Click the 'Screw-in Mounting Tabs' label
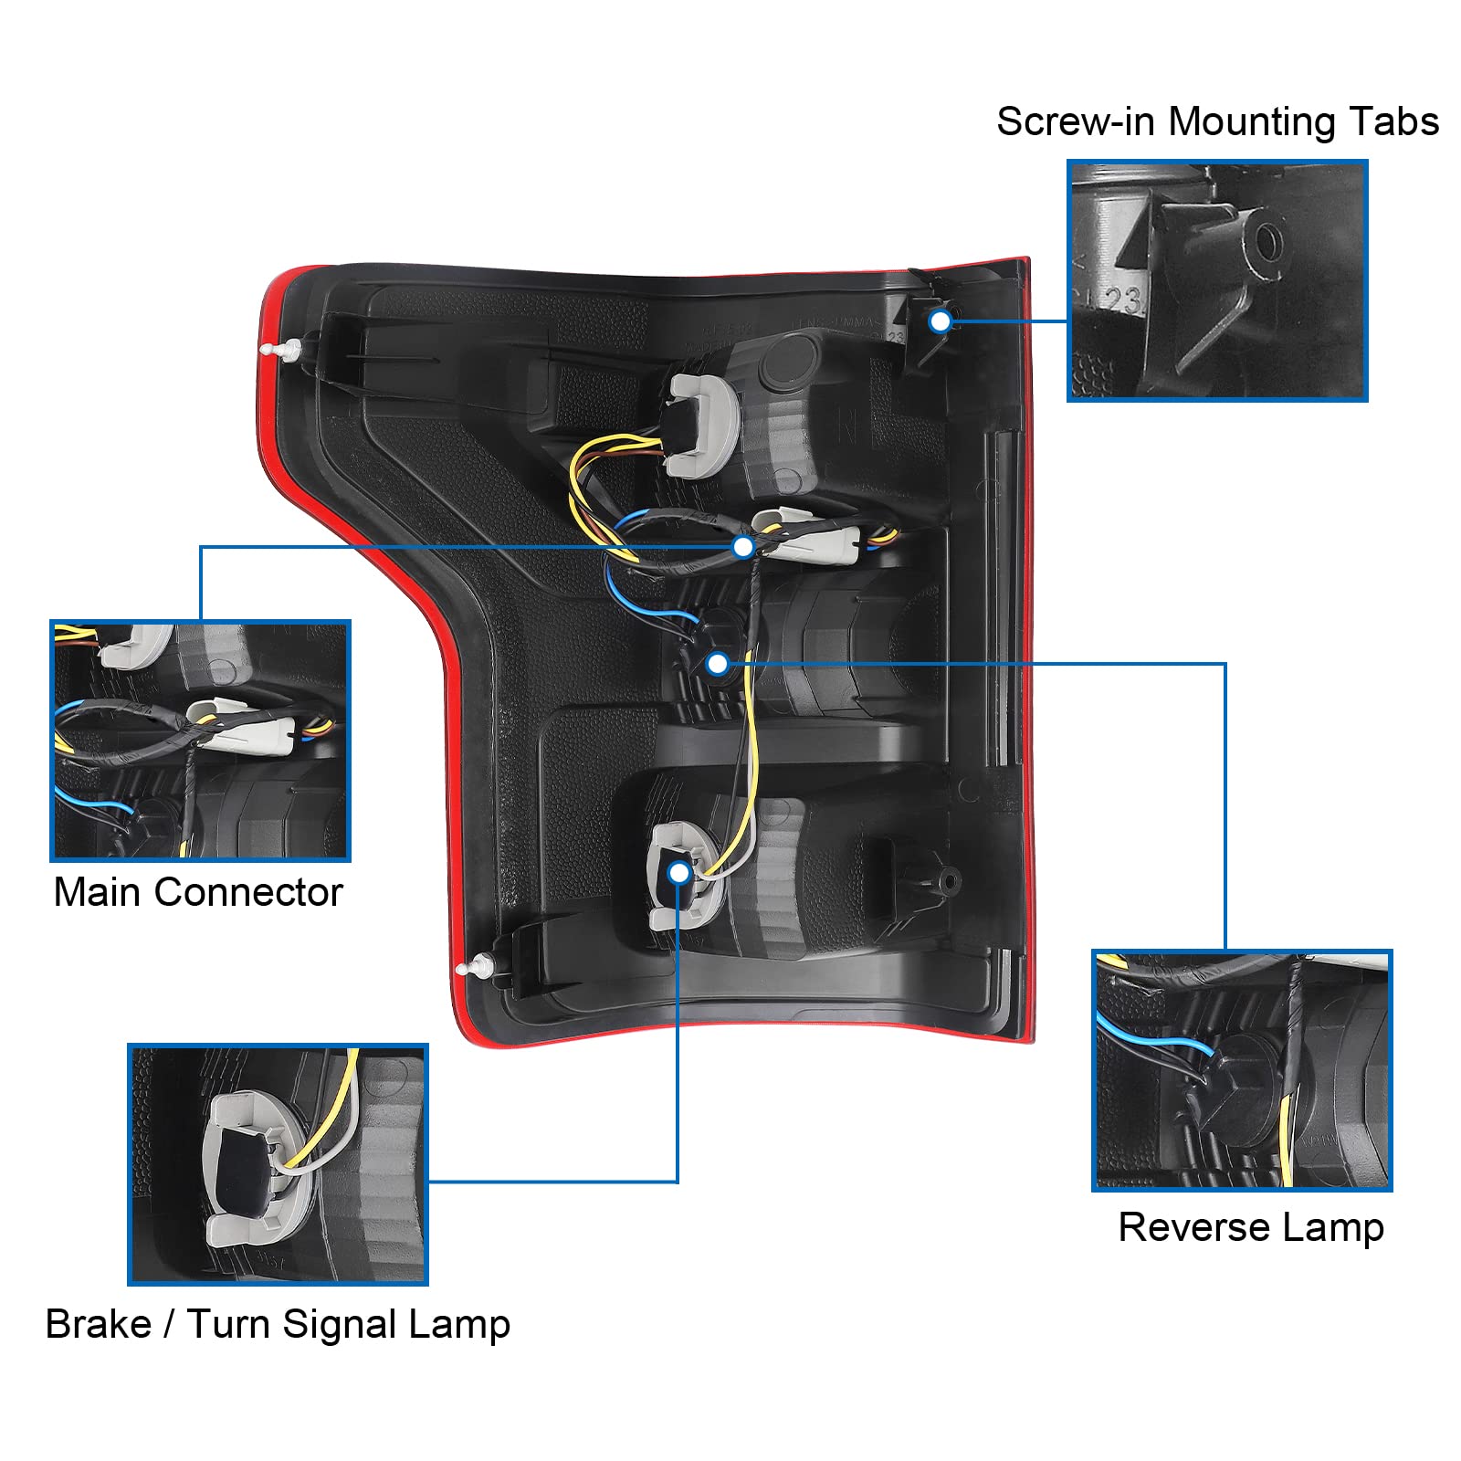(1216, 122)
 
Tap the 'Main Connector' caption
(198, 892)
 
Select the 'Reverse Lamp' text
(1250, 1227)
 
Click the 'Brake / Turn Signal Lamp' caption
(278, 1324)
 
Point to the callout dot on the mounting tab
(940, 321)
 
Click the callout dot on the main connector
(743, 547)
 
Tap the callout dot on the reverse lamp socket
(718, 663)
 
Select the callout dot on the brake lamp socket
(678, 873)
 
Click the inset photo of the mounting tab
(1216, 280)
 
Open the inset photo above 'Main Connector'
(200, 741)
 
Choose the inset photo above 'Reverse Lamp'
(1242, 1070)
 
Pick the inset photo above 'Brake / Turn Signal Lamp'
(278, 1164)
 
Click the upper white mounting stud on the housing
(281, 349)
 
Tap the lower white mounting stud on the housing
(477, 966)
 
